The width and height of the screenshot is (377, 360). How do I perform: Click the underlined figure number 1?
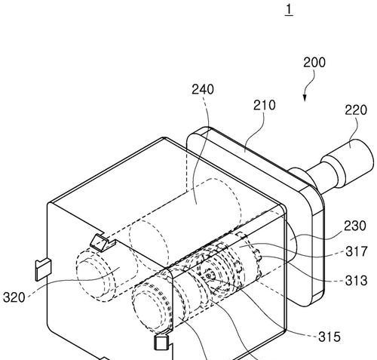[x=289, y=10]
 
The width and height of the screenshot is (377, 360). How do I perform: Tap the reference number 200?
[x=314, y=63]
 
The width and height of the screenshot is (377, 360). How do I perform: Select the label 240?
[x=203, y=89]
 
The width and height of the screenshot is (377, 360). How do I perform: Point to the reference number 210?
[x=264, y=106]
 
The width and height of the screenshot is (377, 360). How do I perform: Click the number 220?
[x=356, y=110]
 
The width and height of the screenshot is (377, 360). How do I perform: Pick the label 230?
[x=354, y=226]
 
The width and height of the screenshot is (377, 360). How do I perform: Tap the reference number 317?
[x=357, y=251]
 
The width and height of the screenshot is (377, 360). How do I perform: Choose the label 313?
[x=356, y=281]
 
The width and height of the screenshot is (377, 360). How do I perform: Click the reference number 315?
[x=329, y=337]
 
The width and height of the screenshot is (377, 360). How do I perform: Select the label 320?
[x=14, y=297]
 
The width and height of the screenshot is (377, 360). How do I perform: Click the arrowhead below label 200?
[x=305, y=98]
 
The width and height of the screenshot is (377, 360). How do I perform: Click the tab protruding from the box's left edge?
[x=43, y=269]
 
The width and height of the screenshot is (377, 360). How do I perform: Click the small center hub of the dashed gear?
[x=210, y=275]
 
